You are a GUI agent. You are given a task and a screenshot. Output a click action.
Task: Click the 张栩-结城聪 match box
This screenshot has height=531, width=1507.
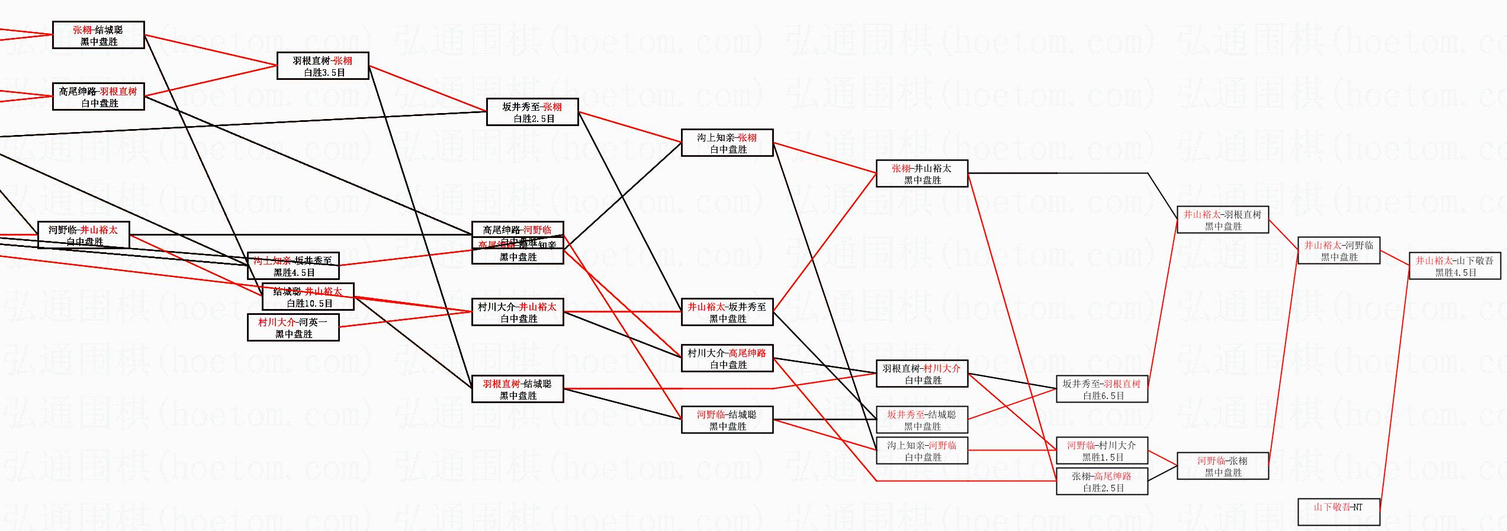[x=98, y=35]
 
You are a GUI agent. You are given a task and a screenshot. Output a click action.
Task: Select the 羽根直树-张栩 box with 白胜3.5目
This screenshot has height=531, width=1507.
[x=323, y=66]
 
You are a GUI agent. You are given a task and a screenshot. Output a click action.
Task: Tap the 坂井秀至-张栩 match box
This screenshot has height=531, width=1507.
[x=532, y=112]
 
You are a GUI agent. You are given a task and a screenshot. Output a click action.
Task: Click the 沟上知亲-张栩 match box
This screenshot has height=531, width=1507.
[x=727, y=143]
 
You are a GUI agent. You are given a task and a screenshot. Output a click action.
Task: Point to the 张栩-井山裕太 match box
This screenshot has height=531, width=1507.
[x=921, y=173]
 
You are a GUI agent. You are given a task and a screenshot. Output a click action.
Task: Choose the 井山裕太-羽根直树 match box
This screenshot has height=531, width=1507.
[x=1222, y=220]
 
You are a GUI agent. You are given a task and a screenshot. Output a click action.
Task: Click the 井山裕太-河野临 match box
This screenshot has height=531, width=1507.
[x=1338, y=250]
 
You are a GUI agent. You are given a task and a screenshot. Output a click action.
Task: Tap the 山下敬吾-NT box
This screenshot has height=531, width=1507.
[x=1338, y=512]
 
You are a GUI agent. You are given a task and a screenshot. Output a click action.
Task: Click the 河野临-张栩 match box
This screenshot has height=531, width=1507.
[x=1222, y=466]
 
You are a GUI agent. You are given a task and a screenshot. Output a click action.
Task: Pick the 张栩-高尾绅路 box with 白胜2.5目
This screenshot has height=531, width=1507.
[x=1101, y=481]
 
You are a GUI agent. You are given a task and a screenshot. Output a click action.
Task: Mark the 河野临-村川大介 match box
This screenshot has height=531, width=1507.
[x=1101, y=450]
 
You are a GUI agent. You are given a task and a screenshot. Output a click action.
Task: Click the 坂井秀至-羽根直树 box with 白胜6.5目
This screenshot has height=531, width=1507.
[x=1101, y=389]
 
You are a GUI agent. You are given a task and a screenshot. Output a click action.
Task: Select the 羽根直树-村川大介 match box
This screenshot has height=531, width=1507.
[x=921, y=374]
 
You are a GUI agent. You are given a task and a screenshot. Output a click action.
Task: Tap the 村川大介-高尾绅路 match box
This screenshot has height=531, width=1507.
[x=727, y=358]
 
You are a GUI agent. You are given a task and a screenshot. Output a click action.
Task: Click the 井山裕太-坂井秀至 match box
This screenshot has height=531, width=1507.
[x=727, y=312]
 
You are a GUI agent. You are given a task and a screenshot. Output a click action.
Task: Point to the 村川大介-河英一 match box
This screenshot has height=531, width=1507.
[x=293, y=327]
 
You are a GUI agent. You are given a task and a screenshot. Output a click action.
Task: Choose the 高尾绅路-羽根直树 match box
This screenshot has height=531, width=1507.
[x=98, y=96]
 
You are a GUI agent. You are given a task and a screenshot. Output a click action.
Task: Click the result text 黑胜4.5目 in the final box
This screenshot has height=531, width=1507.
[x=1455, y=273]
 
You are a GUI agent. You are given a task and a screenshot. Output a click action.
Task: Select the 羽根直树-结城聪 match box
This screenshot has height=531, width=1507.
[x=517, y=389]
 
